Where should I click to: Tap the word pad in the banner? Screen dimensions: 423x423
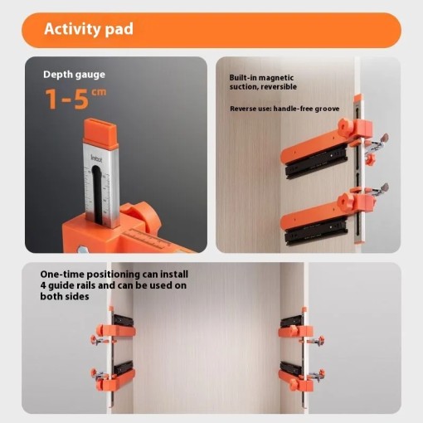(119, 29)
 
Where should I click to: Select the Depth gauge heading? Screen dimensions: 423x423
(74, 75)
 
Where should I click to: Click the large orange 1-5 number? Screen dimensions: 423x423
(67, 99)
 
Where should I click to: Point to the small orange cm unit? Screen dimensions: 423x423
(99, 92)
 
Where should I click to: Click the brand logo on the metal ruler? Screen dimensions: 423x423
(96, 158)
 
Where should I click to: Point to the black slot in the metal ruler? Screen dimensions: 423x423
(97, 194)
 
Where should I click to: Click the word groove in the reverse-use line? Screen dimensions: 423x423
(327, 109)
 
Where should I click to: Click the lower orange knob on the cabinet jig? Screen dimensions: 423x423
(345, 202)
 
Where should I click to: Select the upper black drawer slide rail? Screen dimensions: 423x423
(316, 162)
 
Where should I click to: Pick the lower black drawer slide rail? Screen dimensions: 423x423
(316, 231)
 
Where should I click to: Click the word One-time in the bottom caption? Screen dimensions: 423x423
(62, 275)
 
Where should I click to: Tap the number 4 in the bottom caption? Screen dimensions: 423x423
(43, 285)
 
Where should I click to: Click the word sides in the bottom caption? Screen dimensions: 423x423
(78, 297)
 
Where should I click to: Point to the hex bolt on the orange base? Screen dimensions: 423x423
(82, 250)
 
